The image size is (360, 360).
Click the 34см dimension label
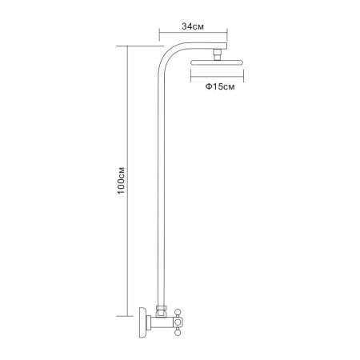click(x=193, y=26)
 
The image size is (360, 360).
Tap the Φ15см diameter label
click(x=220, y=86)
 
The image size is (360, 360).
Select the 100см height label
click(x=121, y=181)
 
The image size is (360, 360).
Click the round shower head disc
click(x=217, y=62)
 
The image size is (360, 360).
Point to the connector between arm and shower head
click(x=218, y=54)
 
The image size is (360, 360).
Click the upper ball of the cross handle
click(x=178, y=312)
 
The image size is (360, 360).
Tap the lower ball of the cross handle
click(x=178, y=332)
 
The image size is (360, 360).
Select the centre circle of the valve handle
click(x=178, y=322)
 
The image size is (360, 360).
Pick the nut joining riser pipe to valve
click(x=161, y=310)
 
